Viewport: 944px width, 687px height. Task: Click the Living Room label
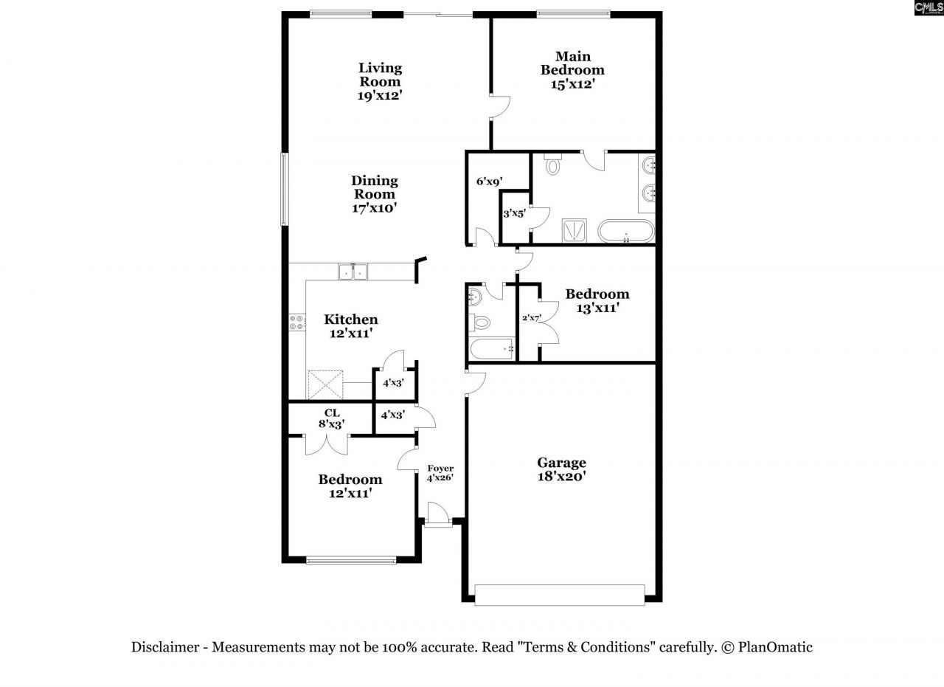click(x=381, y=81)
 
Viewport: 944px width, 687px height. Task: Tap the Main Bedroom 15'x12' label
click(x=572, y=70)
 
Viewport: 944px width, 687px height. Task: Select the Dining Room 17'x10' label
click(x=374, y=194)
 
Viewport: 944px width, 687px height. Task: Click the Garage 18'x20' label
click(x=561, y=469)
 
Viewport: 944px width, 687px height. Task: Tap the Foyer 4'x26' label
click(x=440, y=473)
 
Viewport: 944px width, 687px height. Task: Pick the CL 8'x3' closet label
click(x=332, y=418)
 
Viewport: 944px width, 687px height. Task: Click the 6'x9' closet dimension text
click(x=489, y=181)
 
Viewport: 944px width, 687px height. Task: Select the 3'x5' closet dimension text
click(x=513, y=214)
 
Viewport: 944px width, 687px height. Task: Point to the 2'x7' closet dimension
click(x=531, y=319)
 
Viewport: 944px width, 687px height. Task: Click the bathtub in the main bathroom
click(x=625, y=231)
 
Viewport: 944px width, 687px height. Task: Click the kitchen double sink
click(x=353, y=272)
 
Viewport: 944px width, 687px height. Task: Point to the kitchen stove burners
click(x=297, y=322)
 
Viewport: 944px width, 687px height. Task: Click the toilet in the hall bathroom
click(x=480, y=322)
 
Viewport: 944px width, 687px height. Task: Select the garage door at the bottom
click(x=559, y=595)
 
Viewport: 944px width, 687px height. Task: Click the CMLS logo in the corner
click(x=929, y=8)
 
